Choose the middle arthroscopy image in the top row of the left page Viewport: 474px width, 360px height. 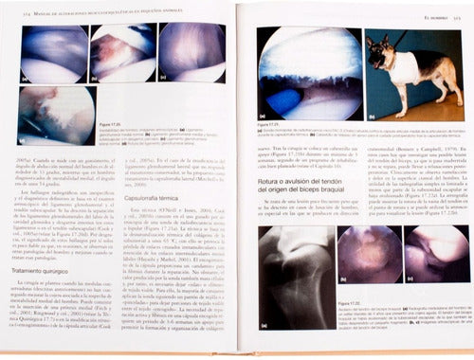tap(123, 52)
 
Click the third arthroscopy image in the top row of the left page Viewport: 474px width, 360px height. tap(192, 52)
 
